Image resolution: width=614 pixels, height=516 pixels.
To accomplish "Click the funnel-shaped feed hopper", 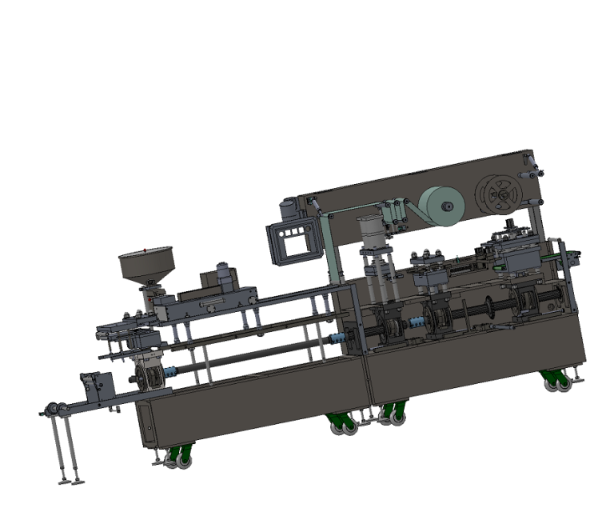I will pyautogui.click(x=146, y=264).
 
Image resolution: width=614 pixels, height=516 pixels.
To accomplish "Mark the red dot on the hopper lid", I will pyautogui.click(x=144, y=250).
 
